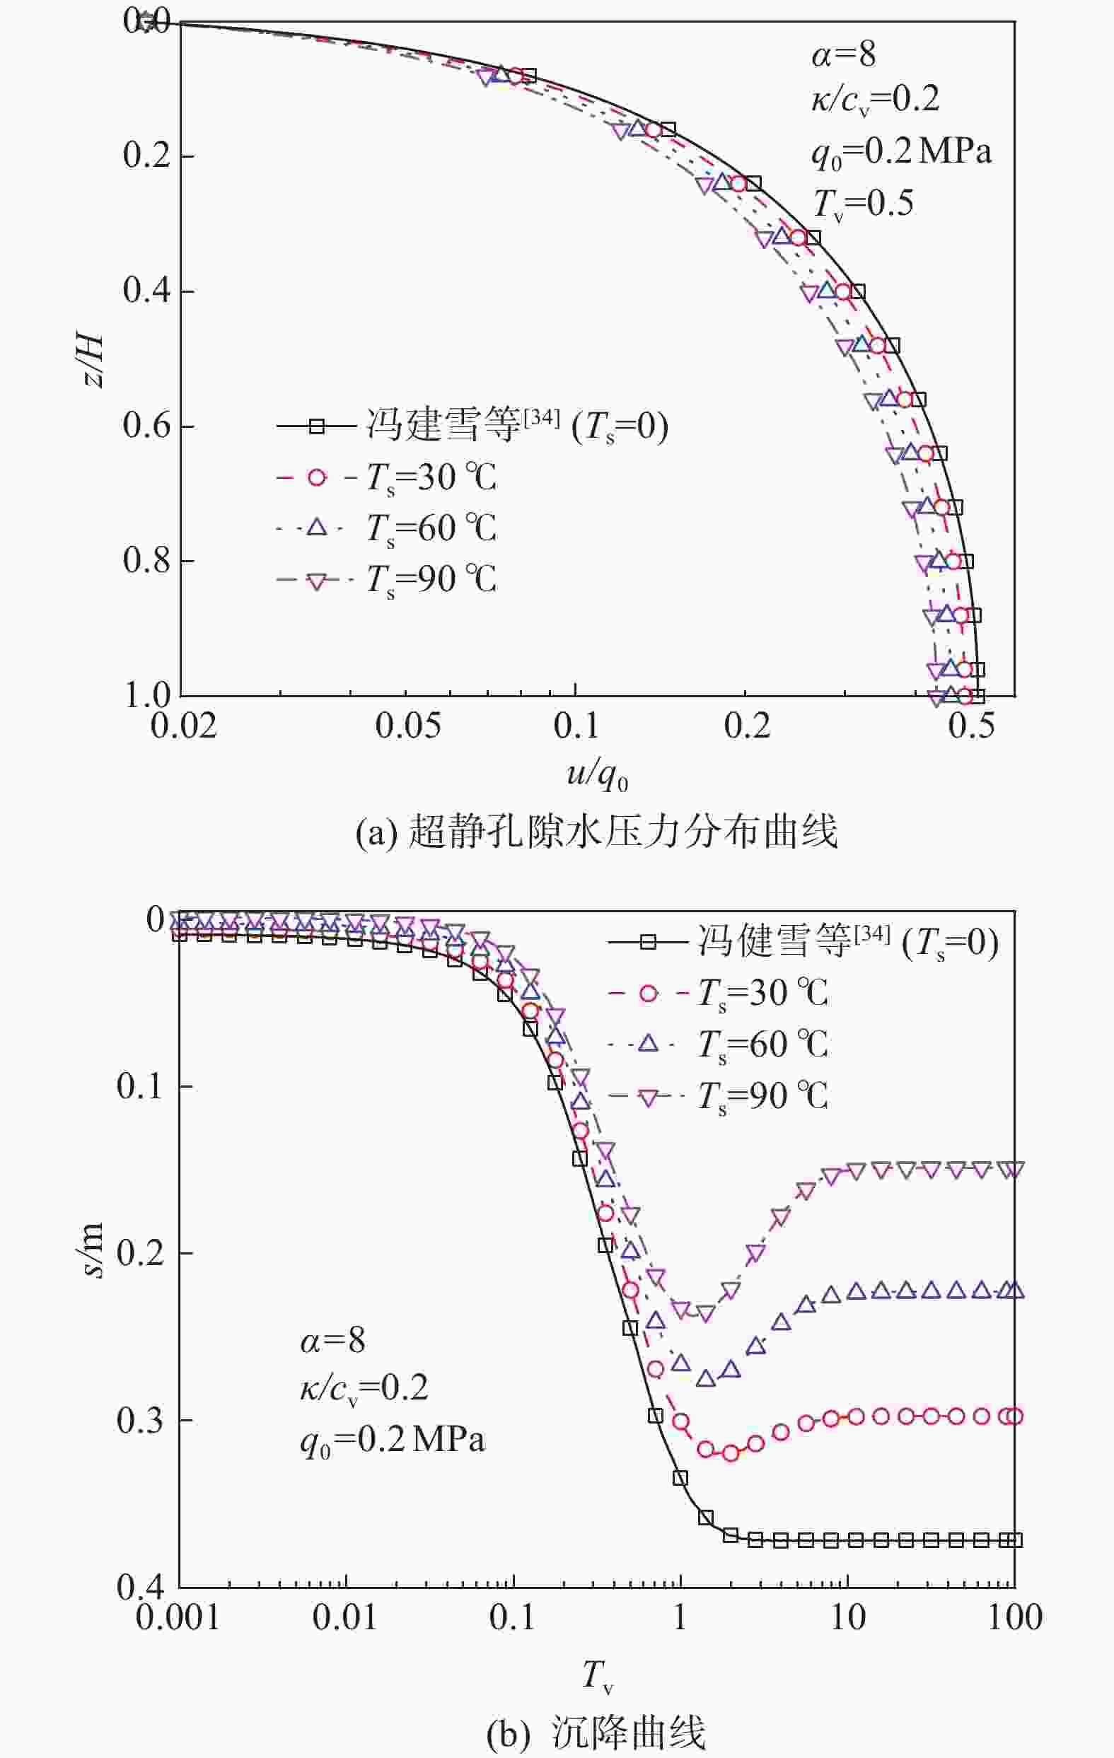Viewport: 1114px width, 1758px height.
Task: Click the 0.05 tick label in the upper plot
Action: click(x=408, y=726)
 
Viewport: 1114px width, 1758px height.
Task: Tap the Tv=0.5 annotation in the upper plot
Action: click(x=863, y=203)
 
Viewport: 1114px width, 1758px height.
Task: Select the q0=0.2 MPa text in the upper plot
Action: click(x=901, y=153)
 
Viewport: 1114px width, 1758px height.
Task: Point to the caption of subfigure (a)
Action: click(x=596, y=832)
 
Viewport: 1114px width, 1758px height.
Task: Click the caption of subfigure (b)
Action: click(x=596, y=1731)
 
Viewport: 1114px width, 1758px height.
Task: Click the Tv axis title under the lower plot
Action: click(x=596, y=1674)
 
